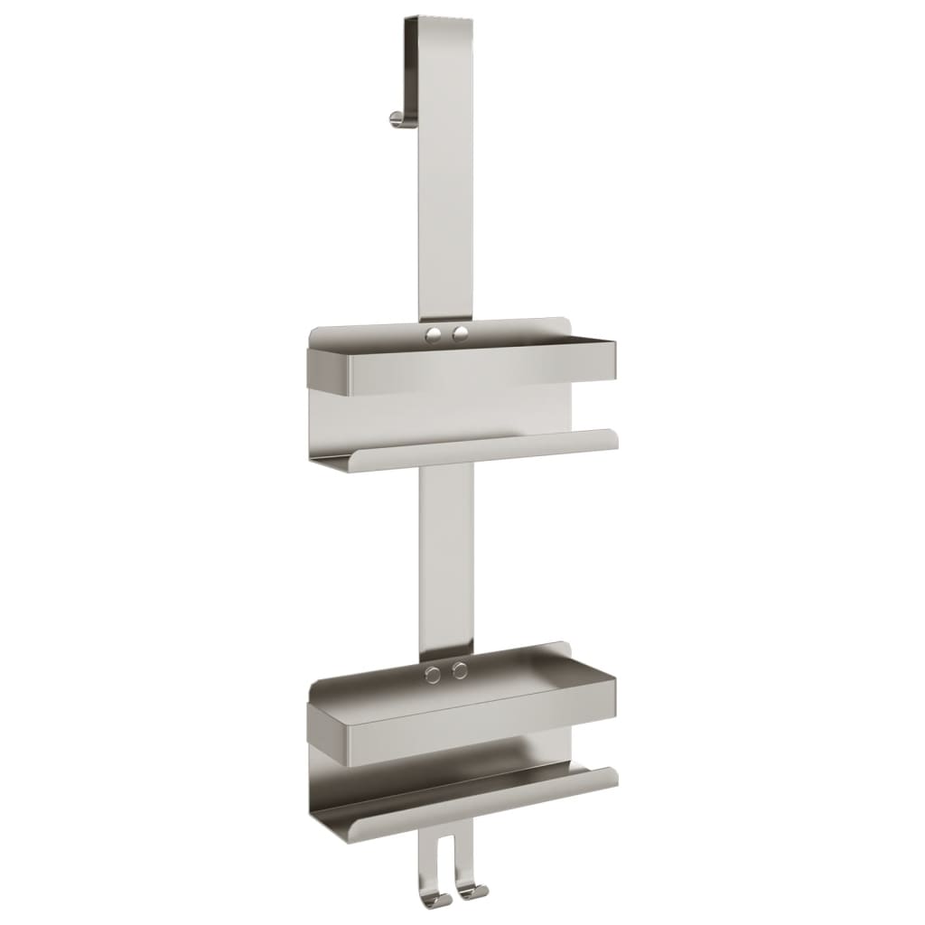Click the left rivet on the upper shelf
[435, 335]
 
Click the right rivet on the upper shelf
[461, 334]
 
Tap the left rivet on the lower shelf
[434, 673]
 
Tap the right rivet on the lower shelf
[460, 670]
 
